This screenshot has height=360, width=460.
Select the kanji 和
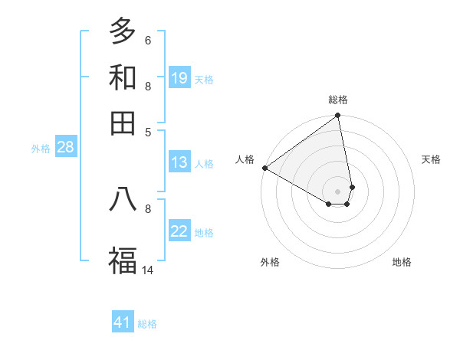[123, 77]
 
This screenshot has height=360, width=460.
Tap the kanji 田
[123, 122]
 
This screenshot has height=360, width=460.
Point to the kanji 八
[123, 198]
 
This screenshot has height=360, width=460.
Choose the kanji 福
[123, 260]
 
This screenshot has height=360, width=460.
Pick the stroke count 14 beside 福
[148, 270]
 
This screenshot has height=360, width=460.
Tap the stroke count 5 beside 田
[148, 132]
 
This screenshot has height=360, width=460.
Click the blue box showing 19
[179, 78]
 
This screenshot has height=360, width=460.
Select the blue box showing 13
[179, 162]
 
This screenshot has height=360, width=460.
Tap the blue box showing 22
[179, 232]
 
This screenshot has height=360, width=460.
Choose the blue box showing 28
[65, 148]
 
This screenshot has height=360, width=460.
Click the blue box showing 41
[123, 322]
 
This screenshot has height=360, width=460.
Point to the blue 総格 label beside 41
[147, 324]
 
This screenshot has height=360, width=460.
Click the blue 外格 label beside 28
[41, 149]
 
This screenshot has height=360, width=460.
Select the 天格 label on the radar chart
[431, 159]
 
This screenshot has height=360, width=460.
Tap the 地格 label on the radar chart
[402, 262]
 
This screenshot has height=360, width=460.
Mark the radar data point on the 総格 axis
[337, 116]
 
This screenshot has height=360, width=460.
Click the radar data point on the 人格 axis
[264, 168]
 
